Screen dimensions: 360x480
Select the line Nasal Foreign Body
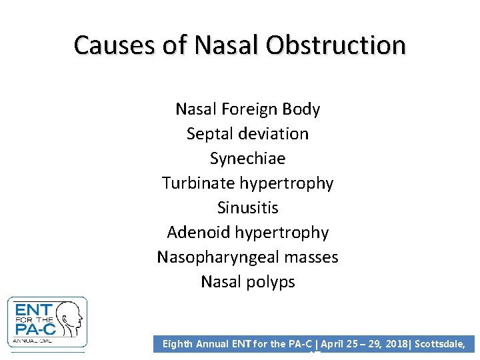tap(247, 109)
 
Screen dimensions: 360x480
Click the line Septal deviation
tap(247, 133)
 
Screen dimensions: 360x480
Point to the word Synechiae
tap(247, 159)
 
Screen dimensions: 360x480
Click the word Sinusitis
tap(247, 207)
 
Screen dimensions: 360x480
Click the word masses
tap(313, 257)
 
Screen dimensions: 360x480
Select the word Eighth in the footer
tap(178, 344)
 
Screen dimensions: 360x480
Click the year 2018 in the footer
tap(394, 344)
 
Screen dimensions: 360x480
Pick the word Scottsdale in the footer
tap(443, 344)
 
